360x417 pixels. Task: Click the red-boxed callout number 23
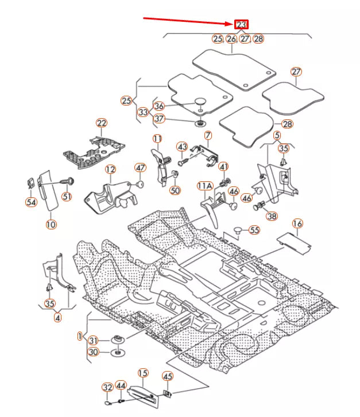[241, 24]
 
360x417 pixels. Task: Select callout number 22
[102, 123]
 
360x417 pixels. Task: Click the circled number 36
[159, 106]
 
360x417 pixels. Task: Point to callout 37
[159, 119]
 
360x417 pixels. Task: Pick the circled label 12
[110, 169]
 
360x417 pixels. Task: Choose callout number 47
[140, 167]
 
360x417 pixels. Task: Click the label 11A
[205, 186]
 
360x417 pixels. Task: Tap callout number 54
[31, 202]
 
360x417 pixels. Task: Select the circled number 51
[67, 197]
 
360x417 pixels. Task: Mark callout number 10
[51, 224]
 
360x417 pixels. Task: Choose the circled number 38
[272, 217]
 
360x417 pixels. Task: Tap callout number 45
[167, 376]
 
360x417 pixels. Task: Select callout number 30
[94, 352]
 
